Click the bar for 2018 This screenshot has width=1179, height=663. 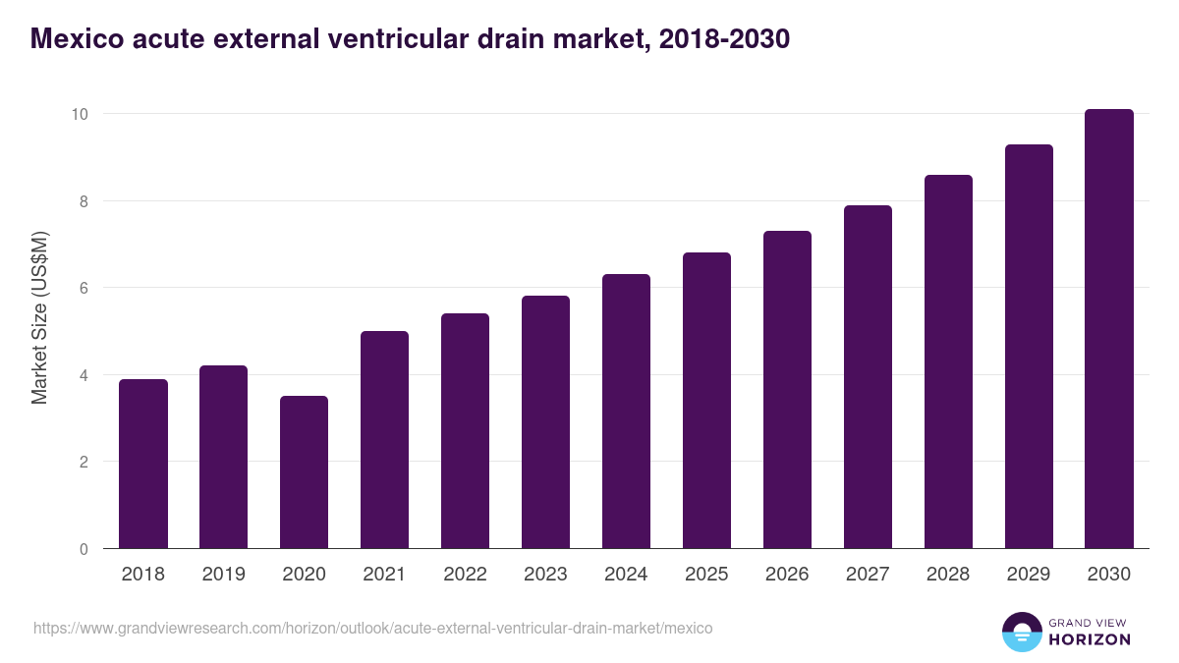click(143, 464)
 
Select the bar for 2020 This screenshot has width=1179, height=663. click(304, 472)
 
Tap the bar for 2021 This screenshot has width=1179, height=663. click(384, 440)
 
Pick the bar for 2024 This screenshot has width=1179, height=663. click(626, 412)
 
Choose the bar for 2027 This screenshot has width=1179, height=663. click(868, 377)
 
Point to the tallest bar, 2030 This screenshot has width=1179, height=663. click(1109, 329)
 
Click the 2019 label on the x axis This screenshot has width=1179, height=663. click(224, 574)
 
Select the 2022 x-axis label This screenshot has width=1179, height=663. click(465, 574)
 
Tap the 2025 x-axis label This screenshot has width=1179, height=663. click(706, 574)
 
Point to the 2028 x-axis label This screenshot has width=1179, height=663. click(948, 574)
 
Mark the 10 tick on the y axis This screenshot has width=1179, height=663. click(80, 114)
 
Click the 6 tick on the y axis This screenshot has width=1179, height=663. click(84, 288)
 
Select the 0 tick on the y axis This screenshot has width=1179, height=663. click(84, 549)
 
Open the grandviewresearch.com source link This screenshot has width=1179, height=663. click(373, 628)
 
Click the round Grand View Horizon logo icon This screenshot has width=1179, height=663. click(1021, 632)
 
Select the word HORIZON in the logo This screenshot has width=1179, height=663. click(1091, 639)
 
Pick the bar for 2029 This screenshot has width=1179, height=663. click(1029, 347)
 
